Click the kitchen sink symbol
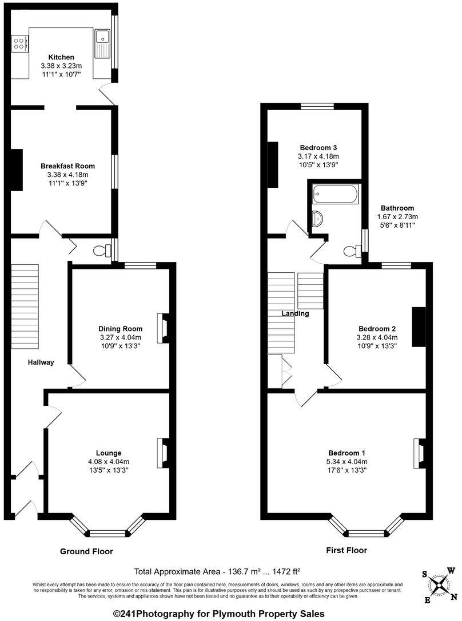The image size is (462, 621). pos(103,43)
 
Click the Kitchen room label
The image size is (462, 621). pos(61,57)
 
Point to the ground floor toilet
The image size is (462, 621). pos(103,251)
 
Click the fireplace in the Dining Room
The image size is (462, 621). pos(163,328)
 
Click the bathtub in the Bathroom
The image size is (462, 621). pos(336,196)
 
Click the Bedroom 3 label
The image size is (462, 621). pos(318,147)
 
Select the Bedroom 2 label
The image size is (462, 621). pos(377,329)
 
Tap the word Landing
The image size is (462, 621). pos(295,313)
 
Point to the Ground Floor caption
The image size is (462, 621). pos(86,551)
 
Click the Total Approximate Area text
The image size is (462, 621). pos(217,571)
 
